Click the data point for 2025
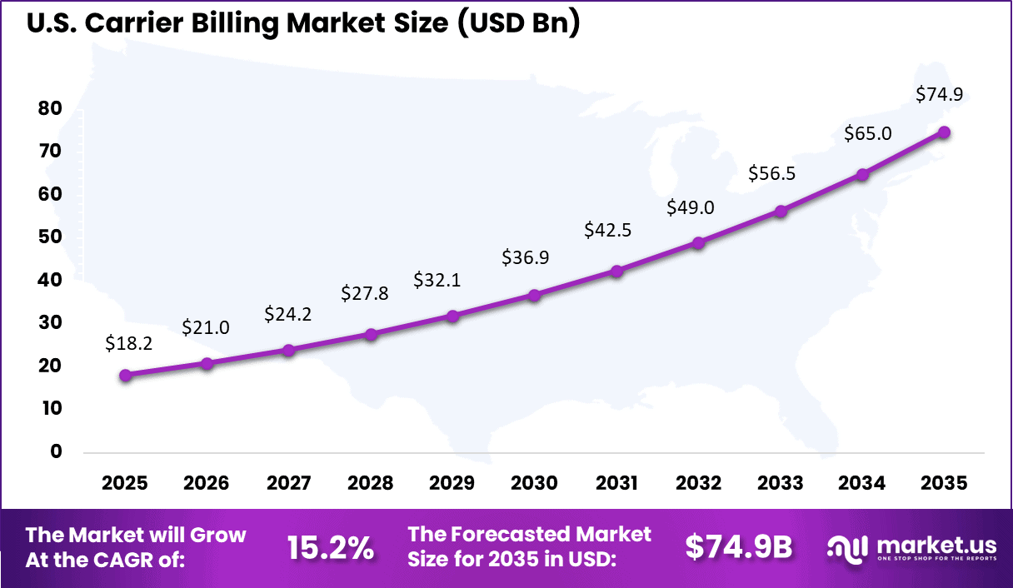point(126,375)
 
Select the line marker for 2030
point(535,295)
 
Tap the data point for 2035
point(944,132)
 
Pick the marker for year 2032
point(698,243)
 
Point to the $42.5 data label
point(609,230)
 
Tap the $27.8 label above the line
point(365,293)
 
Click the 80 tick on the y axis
point(50,107)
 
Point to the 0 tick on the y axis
point(56,451)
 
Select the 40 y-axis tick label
point(50,280)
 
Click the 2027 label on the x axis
point(289,483)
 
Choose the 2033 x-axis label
point(781,483)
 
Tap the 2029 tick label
point(453,483)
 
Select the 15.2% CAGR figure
point(331,547)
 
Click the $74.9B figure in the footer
point(739,547)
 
